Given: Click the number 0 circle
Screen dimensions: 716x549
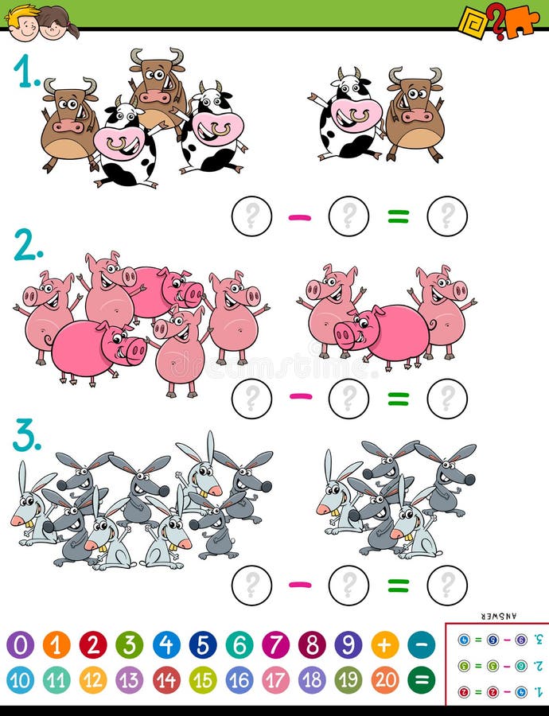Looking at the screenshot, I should pyautogui.click(x=20, y=644).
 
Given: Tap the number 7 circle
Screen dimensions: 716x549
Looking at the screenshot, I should pyautogui.click(x=276, y=644).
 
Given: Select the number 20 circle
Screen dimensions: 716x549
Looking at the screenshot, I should pyautogui.click(x=385, y=679).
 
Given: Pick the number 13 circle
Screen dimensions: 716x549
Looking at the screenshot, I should pyautogui.click(x=130, y=679).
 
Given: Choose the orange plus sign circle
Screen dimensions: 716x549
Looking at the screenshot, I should pyautogui.click(x=385, y=644).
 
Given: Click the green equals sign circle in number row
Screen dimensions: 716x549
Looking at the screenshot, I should pyautogui.click(x=422, y=679).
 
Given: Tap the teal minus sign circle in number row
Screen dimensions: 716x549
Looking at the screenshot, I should pyautogui.click(x=422, y=644).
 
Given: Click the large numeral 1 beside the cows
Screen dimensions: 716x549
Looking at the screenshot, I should pyautogui.click(x=26, y=72).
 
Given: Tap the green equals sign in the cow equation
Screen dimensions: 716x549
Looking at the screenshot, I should pyautogui.click(x=398, y=216).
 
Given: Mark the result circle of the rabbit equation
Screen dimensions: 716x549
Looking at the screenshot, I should pyautogui.click(x=447, y=586).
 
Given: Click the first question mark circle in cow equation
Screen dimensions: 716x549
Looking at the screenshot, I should pyautogui.click(x=251, y=216).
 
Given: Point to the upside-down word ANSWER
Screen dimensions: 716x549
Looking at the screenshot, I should pyautogui.click(x=499, y=616).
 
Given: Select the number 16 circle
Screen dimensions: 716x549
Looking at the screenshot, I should pyautogui.click(x=239, y=679).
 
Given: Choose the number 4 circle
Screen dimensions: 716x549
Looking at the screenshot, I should pyautogui.click(x=166, y=644).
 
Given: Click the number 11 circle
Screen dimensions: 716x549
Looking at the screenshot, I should pyautogui.click(x=56, y=679).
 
